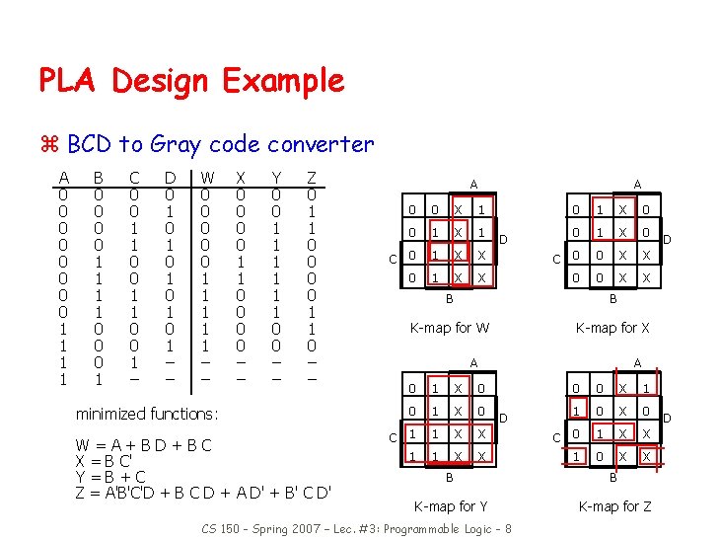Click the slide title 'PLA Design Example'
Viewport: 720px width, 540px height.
coord(191,80)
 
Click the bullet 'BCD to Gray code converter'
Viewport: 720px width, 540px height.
coord(220,144)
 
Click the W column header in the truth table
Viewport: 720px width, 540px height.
coord(206,178)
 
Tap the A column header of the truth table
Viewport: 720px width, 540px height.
coord(63,178)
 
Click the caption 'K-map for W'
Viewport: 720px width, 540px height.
coord(450,328)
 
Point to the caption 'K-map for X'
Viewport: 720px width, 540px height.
coord(612,328)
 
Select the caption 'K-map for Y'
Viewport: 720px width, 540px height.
coord(450,506)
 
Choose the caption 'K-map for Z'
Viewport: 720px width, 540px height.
coord(612,506)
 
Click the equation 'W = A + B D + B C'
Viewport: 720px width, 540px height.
coord(143,444)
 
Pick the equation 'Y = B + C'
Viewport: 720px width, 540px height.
coord(110,476)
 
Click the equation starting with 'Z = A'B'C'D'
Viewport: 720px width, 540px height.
coord(202,492)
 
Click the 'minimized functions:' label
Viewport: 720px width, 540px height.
coord(146,414)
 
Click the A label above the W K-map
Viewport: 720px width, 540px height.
coord(472,184)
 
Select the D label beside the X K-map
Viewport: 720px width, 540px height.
coord(667,239)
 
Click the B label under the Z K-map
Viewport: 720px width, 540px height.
coord(612,477)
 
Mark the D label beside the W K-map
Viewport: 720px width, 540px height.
coord(503,239)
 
